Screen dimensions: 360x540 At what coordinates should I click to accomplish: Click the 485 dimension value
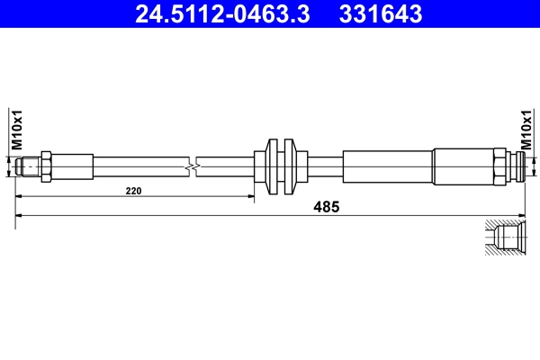[325, 207]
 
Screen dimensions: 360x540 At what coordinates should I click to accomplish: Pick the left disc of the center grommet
[274, 166]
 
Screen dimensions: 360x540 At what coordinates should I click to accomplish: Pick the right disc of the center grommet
[290, 166]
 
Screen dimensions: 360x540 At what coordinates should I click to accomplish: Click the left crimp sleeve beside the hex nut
[73, 166]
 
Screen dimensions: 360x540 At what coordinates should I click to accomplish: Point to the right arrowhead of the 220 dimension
[250, 196]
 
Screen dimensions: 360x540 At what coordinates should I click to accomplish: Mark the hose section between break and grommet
[225, 166]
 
